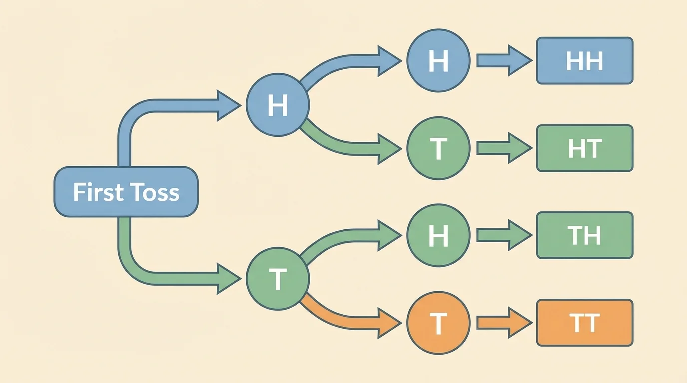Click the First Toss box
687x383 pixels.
point(126,192)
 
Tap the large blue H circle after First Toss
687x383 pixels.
point(278,105)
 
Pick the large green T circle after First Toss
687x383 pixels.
point(278,278)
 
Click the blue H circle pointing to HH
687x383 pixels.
point(438,61)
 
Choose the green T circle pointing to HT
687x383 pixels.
point(438,149)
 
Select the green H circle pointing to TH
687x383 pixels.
point(438,235)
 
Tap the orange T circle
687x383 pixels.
point(438,323)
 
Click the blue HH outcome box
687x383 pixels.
point(584,61)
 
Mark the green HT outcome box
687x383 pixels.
point(584,149)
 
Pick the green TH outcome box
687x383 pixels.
point(584,235)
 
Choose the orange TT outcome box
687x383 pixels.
point(584,323)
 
